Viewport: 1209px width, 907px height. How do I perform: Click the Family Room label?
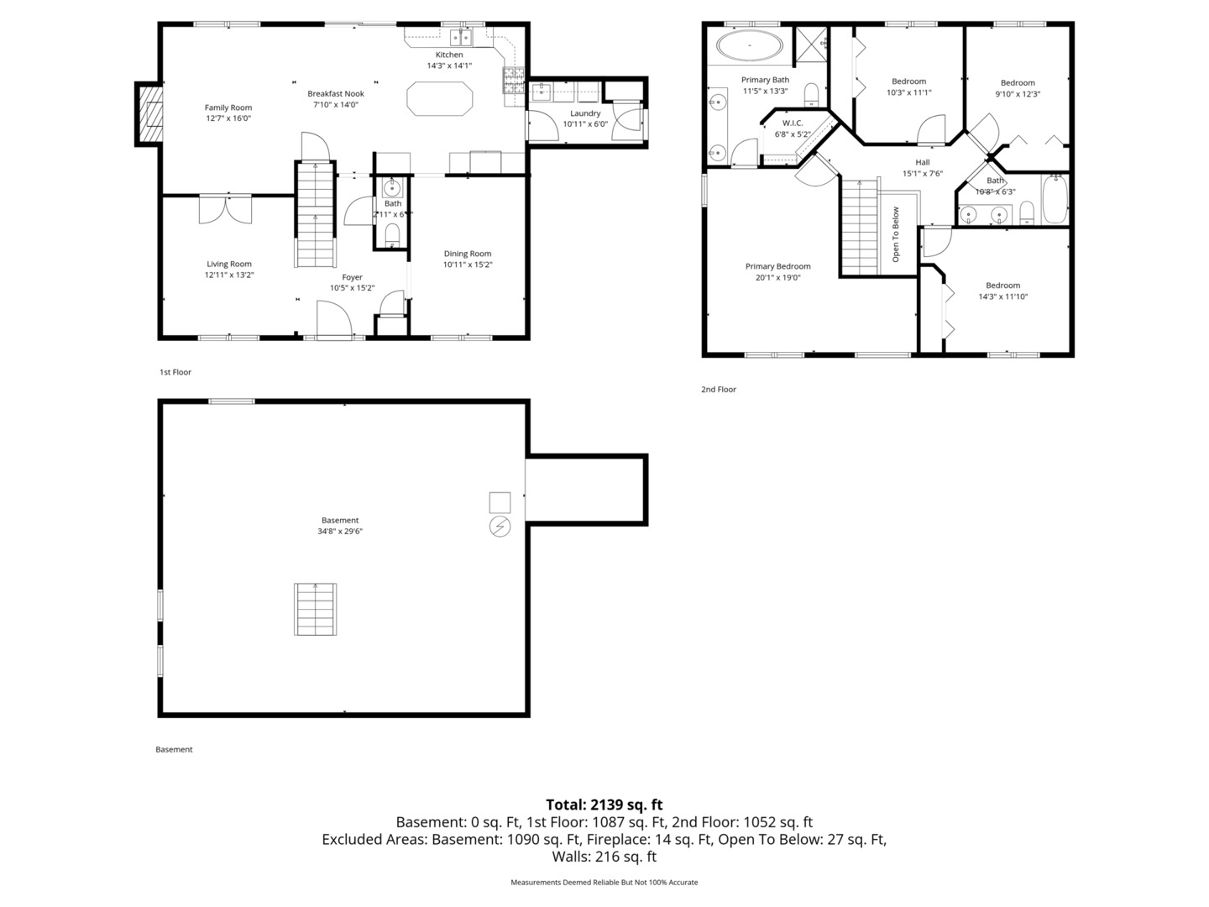[228, 107]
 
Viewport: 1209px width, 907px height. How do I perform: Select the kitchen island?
[440, 97]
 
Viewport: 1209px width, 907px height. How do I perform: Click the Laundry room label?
[585, 113]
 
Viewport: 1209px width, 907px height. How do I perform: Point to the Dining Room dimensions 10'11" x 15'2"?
[468, 265]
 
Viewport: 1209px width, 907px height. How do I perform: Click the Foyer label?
[352, 277]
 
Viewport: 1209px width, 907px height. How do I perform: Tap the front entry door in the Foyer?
[334, 322]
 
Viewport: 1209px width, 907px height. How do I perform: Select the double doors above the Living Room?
[225, 209]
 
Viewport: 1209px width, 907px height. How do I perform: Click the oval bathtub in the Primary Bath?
[749, 47]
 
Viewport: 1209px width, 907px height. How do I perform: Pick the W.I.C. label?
[793, 123]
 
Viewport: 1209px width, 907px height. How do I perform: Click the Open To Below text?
[896, 234]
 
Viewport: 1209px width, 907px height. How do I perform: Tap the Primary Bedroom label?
[777, 266]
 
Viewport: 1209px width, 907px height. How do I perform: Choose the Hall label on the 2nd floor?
[923, 162]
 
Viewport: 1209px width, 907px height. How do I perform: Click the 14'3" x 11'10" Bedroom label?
[1002, 286]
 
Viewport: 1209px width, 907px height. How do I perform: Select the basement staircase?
[316, 609]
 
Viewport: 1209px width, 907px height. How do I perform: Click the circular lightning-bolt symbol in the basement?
[500, 527]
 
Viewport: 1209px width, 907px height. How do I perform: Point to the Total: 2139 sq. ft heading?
[604, 805]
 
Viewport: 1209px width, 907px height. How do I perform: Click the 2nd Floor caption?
[719, 390]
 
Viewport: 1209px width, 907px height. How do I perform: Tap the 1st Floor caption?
[175, 372]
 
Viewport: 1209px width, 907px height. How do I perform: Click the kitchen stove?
[513, 80]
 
